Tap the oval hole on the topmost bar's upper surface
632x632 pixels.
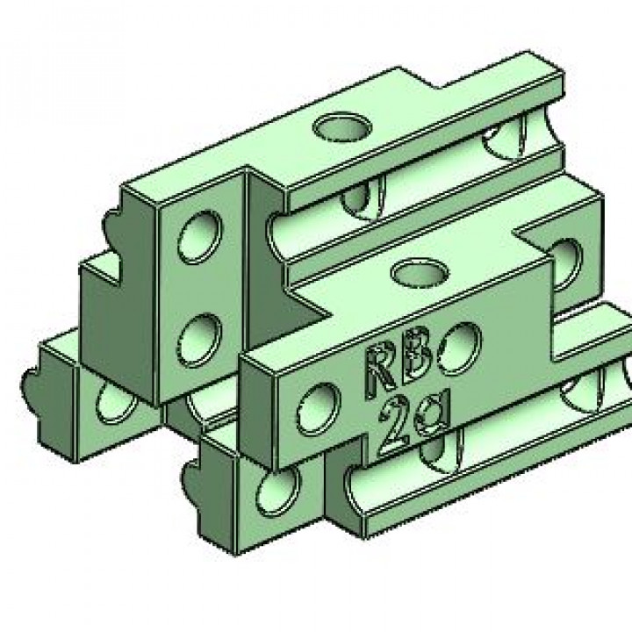[x=341, y=129]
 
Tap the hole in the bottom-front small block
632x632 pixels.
[x=275, y=497]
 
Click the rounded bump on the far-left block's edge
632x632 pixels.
[x=32, y=384]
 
